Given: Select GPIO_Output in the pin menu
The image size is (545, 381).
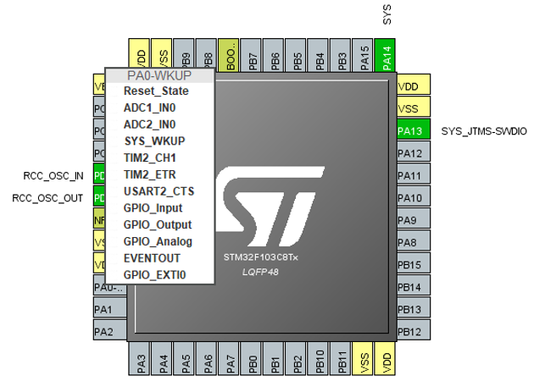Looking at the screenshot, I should pos(158,224).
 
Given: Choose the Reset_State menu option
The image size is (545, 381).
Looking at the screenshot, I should pos(156,91).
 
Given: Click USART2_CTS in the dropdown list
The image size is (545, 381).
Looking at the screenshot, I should pos(158,191).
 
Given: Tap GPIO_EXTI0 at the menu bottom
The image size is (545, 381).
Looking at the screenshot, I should pos(154,274).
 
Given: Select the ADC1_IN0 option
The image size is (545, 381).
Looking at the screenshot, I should pos(149,108).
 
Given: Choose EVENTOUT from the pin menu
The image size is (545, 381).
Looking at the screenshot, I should pos(153,257).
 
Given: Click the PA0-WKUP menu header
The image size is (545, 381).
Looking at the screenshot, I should pos(159,75).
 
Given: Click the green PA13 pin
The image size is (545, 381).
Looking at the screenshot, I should pos(410,131).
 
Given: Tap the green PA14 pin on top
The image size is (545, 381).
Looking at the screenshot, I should pos(386,58).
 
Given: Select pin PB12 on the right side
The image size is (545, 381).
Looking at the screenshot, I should pos(410,331).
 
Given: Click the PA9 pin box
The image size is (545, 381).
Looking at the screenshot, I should pos(410,220).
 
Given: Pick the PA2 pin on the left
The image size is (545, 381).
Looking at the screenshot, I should pos(103,331).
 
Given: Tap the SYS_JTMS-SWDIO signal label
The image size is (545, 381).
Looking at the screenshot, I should pos(485,131).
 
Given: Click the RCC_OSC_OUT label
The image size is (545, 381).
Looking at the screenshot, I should pos(47,197).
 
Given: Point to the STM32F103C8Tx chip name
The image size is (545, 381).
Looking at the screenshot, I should pos(260,256).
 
